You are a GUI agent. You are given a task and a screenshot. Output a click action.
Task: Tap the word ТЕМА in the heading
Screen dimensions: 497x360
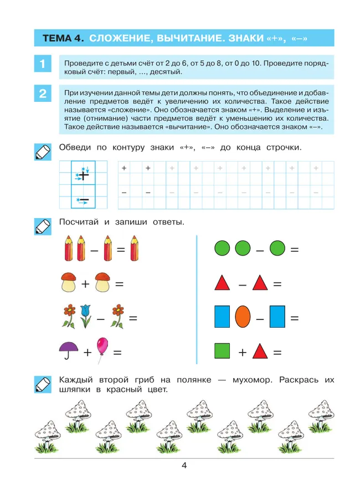(57, 38)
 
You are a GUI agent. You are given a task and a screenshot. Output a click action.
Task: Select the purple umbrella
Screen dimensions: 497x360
(69, 350)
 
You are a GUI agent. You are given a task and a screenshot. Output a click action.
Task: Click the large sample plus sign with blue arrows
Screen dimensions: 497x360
(83, 175)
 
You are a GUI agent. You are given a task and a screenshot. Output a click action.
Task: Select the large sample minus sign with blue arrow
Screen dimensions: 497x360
(84, 200)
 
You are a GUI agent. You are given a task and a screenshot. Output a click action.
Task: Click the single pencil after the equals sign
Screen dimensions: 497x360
(133, 249)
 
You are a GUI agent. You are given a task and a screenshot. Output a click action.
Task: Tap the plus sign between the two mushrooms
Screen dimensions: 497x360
(85, 285)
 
